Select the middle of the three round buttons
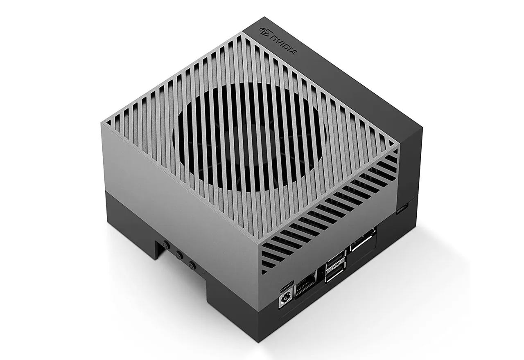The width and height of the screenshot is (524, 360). point(178,254)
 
